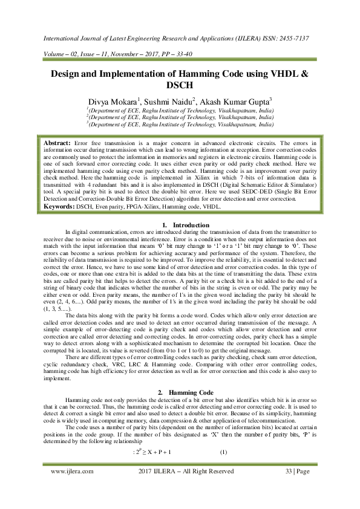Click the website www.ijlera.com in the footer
pos(72,488)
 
